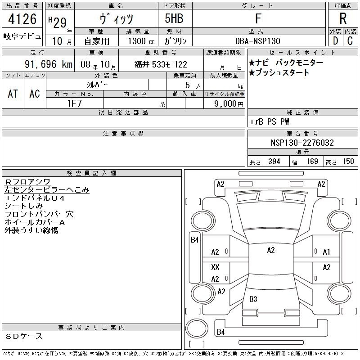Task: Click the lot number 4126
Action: coord(22,19)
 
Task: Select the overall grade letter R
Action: coord(343,18)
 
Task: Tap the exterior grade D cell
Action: coord(335,41)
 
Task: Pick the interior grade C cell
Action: coord(350,41)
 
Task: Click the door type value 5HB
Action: coord(174,18)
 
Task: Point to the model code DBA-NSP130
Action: coord(257,41)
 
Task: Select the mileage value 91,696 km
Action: coord(49,64)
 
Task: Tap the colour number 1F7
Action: coord(74,103)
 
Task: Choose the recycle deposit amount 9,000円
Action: coord(229,104)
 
